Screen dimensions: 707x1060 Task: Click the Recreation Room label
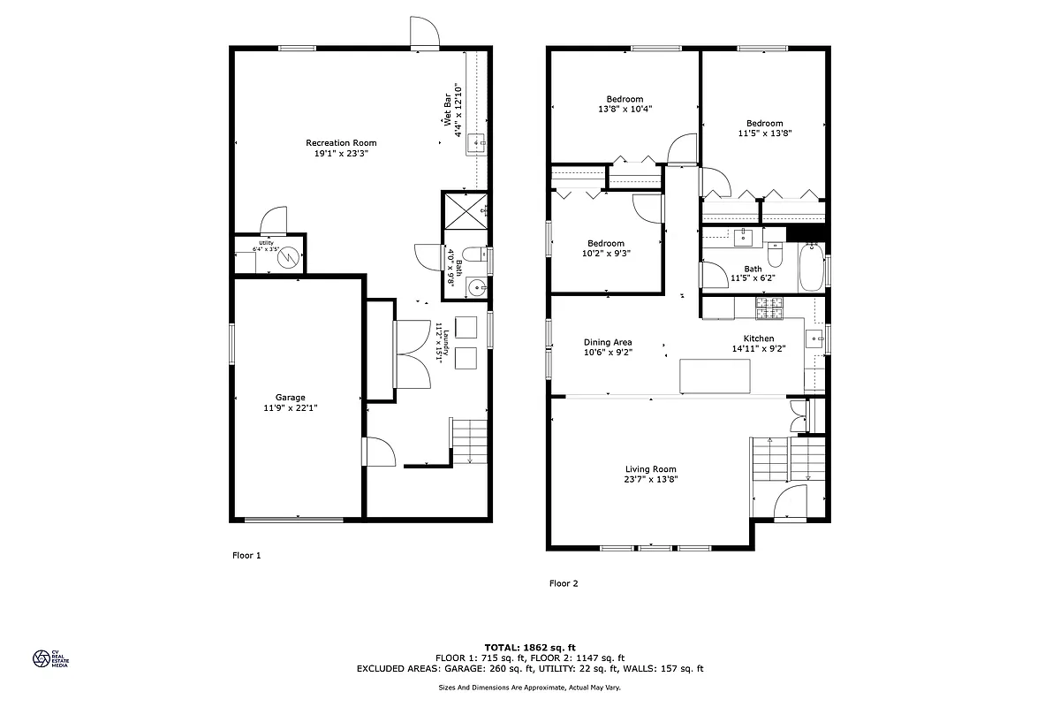point(341,143)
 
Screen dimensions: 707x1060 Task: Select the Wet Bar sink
point(476,142)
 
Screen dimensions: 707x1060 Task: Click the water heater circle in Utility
point(288,255)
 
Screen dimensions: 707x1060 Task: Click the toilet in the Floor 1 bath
point(474,255)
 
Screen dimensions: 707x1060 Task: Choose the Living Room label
point(650,469)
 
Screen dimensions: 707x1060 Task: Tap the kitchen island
point(715,376)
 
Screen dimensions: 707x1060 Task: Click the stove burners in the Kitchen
point(769,308)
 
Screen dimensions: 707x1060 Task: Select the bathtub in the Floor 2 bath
point(811,269)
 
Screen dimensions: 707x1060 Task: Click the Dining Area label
point(608,342)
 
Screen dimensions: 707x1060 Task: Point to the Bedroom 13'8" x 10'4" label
point(625,99)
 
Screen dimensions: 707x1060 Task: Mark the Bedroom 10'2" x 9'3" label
point(606,243)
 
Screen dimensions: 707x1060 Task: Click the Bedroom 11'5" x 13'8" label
point(764,124)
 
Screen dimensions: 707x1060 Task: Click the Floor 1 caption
point(246,556)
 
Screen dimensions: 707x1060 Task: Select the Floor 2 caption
point(564,583)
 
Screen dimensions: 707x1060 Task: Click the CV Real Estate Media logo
point(42,658)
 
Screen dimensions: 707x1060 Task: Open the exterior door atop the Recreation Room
point(424,32)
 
